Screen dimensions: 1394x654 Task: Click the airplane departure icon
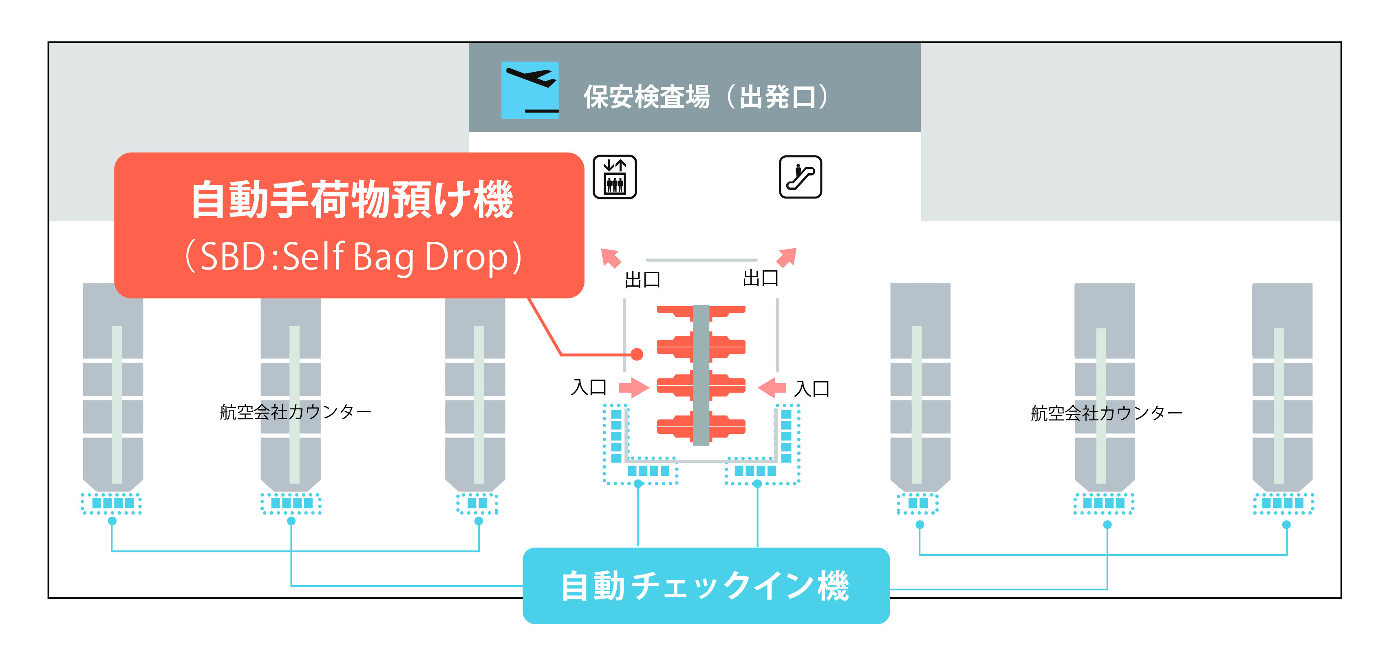click(530, 90)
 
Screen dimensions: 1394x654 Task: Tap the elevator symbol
click(615, 177)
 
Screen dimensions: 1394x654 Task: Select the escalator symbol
click(801, 177)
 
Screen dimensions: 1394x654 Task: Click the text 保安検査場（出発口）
click(706, 97)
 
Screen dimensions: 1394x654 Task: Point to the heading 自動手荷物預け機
click(352, 200)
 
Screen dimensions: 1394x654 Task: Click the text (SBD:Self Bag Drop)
click(353, 256)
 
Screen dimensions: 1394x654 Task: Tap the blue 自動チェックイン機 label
click(706, 586)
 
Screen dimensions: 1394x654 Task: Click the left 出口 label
click(642, 279)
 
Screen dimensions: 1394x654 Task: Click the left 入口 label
click(589, 387)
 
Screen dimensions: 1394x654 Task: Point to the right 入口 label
click(812, 388)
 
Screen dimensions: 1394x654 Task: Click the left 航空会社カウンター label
click(296, 412)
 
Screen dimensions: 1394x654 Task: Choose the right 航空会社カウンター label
click(1106, 413)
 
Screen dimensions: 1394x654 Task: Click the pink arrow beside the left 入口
click(634, 387)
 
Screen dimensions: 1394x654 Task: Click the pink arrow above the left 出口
click(611, 258)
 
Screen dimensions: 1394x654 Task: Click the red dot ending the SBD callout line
click(637, 354)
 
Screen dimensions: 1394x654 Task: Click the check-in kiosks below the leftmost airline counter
click(112, 503)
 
